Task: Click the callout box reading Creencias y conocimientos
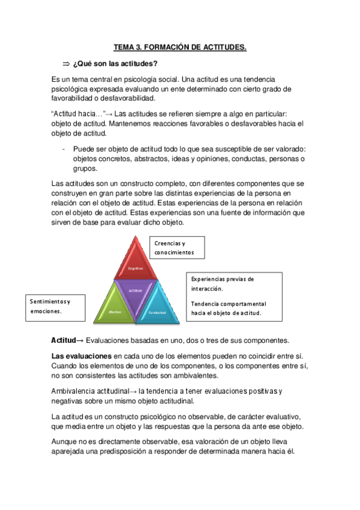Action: coord(177,248)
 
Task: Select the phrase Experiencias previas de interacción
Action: coord(222,284)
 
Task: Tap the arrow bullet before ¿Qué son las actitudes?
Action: coord(66,64)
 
